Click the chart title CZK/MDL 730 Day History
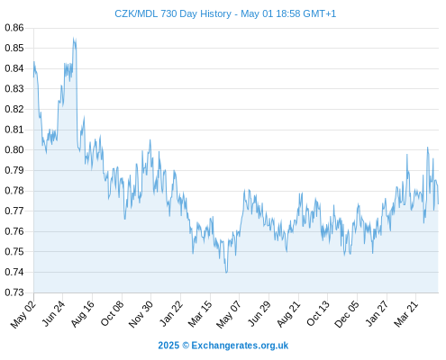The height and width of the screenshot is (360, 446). [x=173, y=13]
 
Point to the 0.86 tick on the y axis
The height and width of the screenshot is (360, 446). [x=14, y=28]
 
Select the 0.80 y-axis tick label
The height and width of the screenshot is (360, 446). [x=14, y=149]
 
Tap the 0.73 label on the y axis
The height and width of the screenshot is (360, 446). [x=14, y=292]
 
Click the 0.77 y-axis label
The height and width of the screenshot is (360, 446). [x=14, y=211]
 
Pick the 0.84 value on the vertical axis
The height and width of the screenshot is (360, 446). [x=14, y=68]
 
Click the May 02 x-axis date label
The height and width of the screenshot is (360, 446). [x=23, y=315]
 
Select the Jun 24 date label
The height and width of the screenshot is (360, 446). [x=53, y=314]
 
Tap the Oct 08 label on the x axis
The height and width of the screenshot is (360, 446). [x=112, y=314]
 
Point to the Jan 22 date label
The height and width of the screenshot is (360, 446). [x=171, y=314]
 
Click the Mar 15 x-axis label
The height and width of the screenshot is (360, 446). [x=200, y=314]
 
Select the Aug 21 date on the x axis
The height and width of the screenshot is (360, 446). [x=288, y=314]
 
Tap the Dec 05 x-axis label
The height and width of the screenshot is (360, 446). [x=347, y=314]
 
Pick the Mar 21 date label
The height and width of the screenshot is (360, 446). [x=406, y=314]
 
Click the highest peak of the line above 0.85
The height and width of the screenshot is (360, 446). [x=73, y=38]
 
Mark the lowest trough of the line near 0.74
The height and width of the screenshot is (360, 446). [x=226, y=273]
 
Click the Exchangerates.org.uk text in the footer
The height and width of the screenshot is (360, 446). [x=240, y=346]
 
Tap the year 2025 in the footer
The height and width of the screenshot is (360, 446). [x=168, y=346]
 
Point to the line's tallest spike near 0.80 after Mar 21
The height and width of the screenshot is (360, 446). [x=427, y=148]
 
